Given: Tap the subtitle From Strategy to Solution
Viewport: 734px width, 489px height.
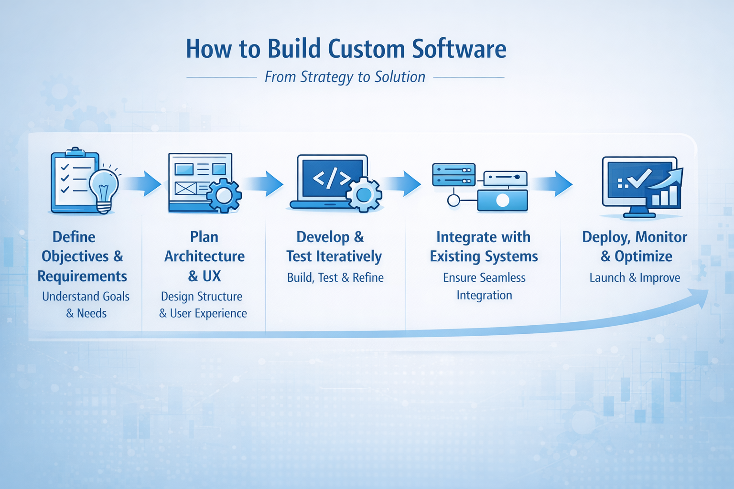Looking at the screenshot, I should point(345,77).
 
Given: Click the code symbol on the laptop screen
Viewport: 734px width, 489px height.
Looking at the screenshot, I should point(332,178).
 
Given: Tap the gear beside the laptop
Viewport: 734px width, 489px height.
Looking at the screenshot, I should point(364,194).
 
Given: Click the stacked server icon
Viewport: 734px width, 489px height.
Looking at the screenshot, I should point(453,175).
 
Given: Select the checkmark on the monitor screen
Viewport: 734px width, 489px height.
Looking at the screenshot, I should point(639,178).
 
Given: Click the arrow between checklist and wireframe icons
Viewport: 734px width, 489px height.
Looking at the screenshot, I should point(146,183).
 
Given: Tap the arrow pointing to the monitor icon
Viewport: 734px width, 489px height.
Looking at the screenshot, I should point(555,183).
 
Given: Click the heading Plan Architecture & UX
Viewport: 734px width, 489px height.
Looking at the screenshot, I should point(205,256).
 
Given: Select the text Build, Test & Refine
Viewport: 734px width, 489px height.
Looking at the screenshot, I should point(335,277).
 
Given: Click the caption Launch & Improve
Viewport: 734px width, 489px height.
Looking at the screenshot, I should point(635,277).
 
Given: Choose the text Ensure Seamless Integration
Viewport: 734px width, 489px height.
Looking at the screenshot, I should point(484,286).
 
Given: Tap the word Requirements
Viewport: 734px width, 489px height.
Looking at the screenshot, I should point(82,276).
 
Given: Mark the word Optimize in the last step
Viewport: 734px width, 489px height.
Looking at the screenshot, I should point(643,256).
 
